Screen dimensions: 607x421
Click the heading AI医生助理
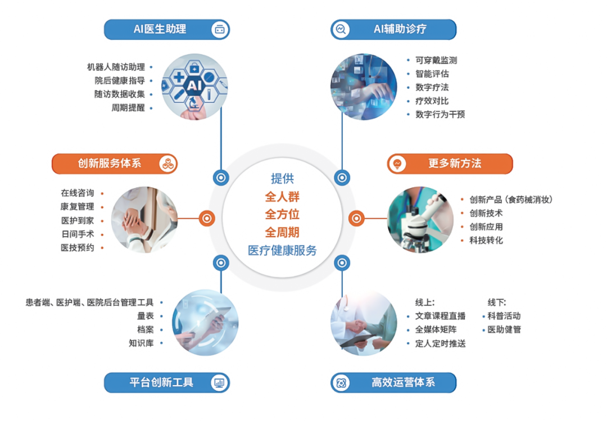(x=160, y=29)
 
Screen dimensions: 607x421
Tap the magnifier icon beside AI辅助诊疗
(x=341, y=29)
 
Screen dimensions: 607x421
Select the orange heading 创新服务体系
(x=110, y=164)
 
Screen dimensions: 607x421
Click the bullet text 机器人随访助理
(x=116, y=67)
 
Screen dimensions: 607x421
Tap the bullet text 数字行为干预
(x=440, y=114)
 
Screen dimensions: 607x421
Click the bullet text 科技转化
(x=486, y=240)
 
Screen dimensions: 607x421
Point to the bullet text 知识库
(x=141, y=343)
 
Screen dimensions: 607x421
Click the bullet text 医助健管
(x=504, y=329)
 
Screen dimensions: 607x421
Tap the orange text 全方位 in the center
(x=282, y=214)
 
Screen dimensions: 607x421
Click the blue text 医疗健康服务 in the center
(x=282, y=250)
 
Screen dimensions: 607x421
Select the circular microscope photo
(x=420, y=219)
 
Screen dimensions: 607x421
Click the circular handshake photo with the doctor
(x=364, y=322)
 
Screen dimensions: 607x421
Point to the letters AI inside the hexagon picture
(x=194, y=85)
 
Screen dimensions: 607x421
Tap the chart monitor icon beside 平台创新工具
(x=219, y=383)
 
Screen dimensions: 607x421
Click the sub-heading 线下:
(x=497, y=302)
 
